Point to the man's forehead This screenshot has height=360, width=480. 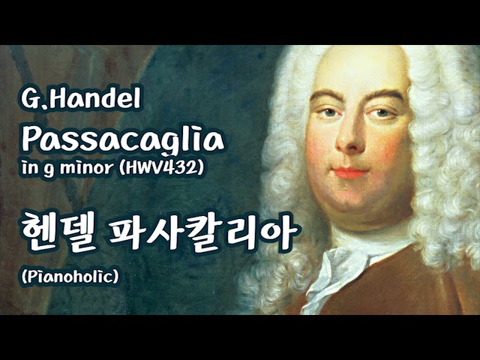352,75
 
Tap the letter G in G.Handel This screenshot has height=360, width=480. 29,100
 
